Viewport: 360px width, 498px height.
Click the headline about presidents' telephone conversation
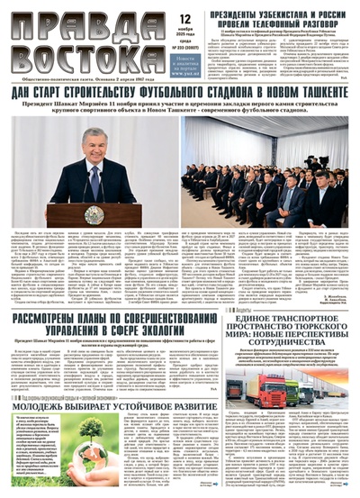click(276, 15)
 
